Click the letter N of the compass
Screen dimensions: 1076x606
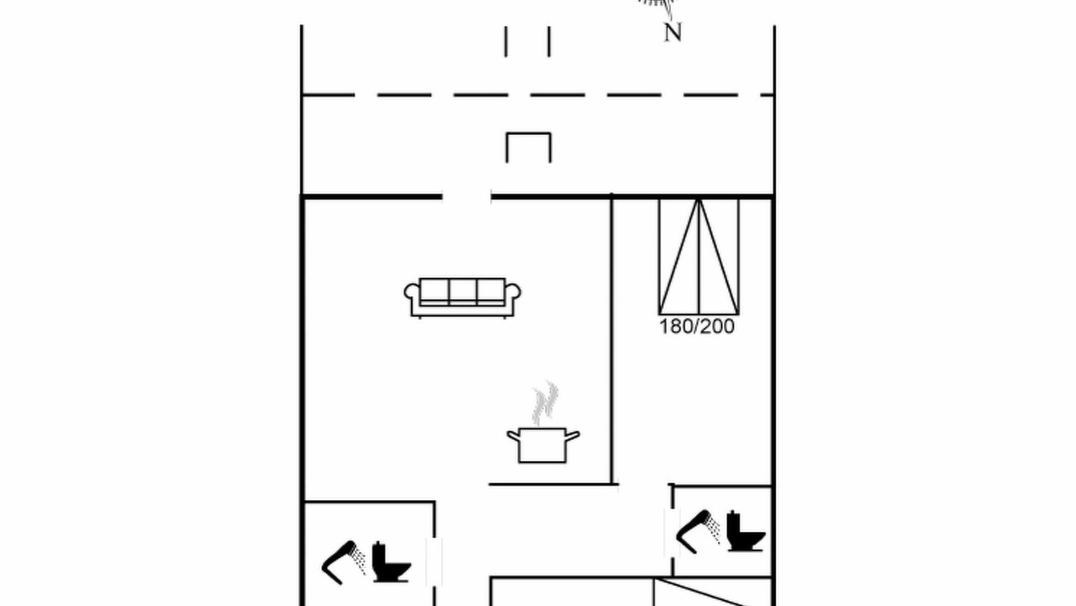672,33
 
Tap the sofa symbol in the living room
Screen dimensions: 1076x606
462,298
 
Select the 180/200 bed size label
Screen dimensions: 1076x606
697,327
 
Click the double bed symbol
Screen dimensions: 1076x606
699,257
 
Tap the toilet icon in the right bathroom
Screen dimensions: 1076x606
746,531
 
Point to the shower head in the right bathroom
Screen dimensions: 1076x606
698,531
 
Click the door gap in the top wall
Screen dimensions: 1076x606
467,196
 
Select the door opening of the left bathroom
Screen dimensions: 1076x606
435,561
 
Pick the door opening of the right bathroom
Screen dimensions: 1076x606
672,533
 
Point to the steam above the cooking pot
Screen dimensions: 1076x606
546,404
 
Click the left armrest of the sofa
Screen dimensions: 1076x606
412,299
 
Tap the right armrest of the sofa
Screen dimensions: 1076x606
513,299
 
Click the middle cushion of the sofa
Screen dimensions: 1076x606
462,291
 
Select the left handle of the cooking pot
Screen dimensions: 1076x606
514,436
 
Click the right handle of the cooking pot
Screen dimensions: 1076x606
572,436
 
